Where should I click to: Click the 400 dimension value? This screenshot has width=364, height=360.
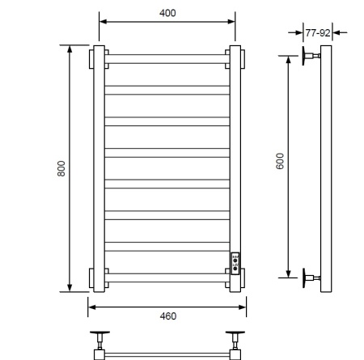coord(167,13)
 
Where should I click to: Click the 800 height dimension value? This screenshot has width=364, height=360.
coord(61,168)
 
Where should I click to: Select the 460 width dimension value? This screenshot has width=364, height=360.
coord(168,316)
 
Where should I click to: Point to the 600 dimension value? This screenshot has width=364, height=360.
coord(280,161)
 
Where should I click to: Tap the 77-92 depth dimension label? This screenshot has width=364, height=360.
coord(318,33)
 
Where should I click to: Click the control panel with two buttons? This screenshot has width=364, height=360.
coord(235,264)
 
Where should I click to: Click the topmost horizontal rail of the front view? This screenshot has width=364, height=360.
coord(167,59)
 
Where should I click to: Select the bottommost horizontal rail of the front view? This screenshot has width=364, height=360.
coord(167,277)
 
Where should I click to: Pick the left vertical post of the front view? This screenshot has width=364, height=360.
coord(99,168)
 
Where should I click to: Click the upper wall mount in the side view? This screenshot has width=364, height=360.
coord(311,56)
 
